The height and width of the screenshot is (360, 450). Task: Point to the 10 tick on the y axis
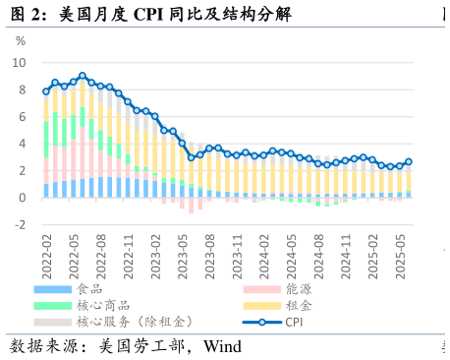20,63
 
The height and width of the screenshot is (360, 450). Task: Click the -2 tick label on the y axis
20,225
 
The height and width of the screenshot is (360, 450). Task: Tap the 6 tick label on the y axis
23,117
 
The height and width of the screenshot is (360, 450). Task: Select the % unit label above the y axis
21,41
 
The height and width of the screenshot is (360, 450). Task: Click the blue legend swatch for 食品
52,290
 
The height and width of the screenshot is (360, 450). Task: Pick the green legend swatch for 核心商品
52,306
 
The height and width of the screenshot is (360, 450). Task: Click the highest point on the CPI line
83,76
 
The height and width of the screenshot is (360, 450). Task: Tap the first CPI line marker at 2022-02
46,91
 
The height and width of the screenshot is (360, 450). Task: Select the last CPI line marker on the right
409,161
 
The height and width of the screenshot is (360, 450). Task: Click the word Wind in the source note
222,346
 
